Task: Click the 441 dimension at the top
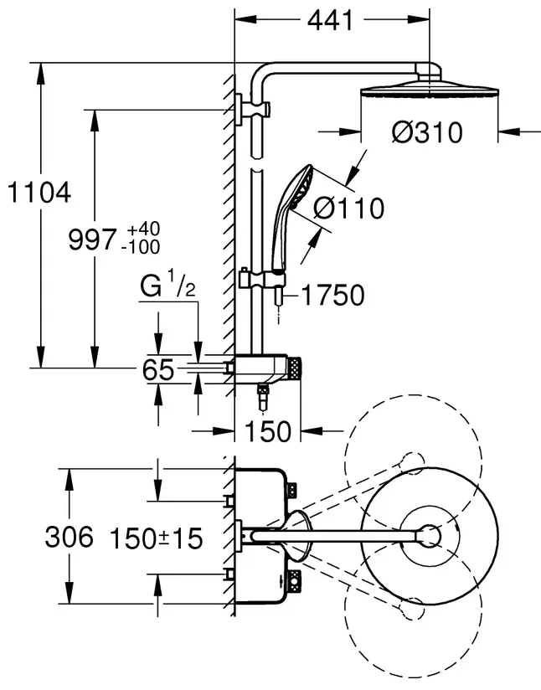click(x=330, y=21)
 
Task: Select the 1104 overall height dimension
click(x=39, y=193)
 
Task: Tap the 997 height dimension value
click(x=92, y=239)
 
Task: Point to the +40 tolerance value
click(x=143, y=229)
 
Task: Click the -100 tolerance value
click(x=141, y=247)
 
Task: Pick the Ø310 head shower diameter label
click(x=427, y=132)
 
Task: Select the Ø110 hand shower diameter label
click(x=348, y=208)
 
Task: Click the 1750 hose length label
click(x=333, y=295)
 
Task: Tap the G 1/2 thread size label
click(x=167, y=286)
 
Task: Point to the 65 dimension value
click(x=158, y=369)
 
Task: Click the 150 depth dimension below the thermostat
click(x=268, y=431)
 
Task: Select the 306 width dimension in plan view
click(x=70, y=538)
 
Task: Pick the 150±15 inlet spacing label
click(x=157, y=538)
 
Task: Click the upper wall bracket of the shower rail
click(x=252, y=110)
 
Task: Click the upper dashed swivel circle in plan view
click(x=413, y=461)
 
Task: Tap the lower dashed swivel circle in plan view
click(x=413, y=615)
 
